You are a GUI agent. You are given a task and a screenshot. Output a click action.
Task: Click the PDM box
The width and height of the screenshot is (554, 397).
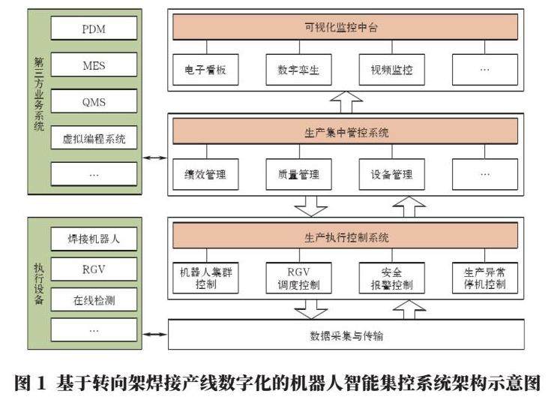click(x=94, y=30)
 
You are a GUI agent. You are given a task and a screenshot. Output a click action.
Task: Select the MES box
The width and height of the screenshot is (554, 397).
click(x=94, y=66)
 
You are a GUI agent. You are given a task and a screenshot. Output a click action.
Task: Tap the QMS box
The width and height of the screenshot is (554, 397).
click(x=94, y=101)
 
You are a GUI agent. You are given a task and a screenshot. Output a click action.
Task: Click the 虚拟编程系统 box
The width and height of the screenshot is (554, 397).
click(x=94, y=138)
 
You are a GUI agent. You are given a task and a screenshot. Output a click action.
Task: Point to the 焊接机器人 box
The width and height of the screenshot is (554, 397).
click(x=94, y=240)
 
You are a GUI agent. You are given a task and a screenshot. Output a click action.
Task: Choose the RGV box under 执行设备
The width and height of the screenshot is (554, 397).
click(x=94, y=269)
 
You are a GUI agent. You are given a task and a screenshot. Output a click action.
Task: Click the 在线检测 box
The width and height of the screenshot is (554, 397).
click(x=94, y=300)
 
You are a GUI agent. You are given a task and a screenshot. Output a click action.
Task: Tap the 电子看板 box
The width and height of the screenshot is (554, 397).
click(x=205, y=71)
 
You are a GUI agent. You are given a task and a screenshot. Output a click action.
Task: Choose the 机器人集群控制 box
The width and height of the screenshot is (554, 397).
click(x=205, y=278)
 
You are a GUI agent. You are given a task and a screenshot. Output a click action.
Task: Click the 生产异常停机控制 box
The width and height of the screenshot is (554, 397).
click(x=485, y=278)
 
